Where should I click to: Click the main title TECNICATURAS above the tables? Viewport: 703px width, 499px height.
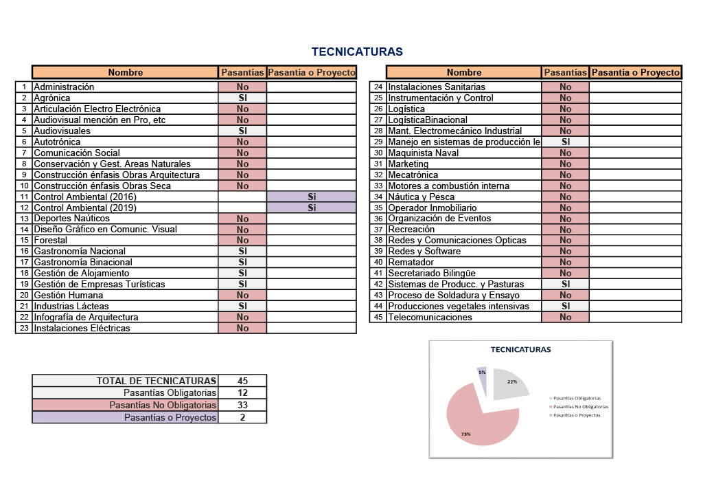357,52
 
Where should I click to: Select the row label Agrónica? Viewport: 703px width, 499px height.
52,98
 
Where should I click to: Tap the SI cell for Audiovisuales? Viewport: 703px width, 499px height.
242,131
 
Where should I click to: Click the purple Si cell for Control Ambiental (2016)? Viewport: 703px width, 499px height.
312,197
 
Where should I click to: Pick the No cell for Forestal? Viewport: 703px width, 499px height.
242,240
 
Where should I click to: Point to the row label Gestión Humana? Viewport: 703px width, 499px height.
69,296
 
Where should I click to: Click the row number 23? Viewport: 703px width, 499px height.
24,328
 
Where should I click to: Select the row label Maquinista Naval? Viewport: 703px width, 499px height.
423,153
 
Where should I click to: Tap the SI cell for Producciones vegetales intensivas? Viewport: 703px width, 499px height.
566,306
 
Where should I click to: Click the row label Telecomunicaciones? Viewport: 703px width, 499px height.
430,318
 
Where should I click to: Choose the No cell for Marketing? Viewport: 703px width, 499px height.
566,164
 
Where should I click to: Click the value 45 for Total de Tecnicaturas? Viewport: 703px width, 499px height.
242,381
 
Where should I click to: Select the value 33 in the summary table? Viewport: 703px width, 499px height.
242,405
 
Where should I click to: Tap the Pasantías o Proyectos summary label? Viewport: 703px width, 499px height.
170,417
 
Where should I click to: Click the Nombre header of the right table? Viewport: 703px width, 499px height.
464,72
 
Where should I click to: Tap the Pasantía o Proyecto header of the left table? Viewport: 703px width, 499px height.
312,72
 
